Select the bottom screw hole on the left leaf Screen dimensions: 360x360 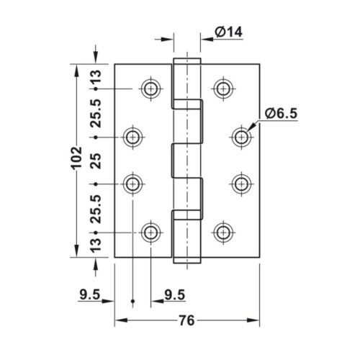150,232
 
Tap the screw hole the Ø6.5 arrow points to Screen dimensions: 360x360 241,136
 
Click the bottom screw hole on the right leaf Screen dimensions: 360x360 223,232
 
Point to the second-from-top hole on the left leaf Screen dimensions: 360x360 132,136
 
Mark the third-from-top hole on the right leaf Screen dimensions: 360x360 241,184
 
